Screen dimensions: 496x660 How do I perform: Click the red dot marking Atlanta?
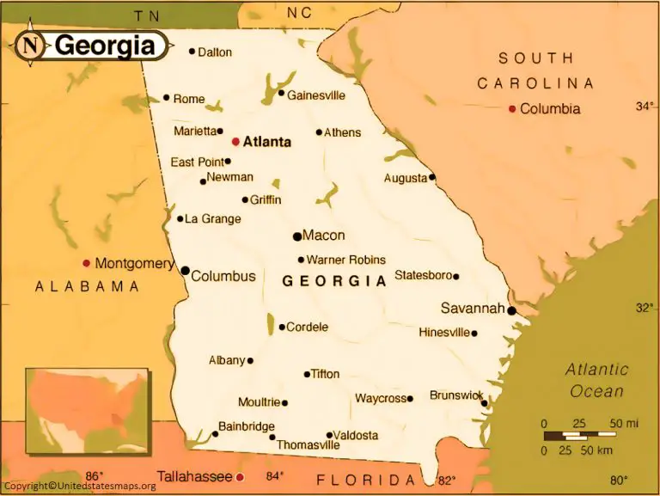click(235, 141)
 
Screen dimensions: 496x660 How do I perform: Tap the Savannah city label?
click(472, 308)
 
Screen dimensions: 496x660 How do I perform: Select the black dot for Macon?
click(297, 236)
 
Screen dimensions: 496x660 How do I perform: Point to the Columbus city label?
click(223, 276)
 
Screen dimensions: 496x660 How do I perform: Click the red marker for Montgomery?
click(86, 263)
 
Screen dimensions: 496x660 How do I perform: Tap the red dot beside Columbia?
click(512, 109)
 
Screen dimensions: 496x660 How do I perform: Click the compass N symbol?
click(31, 46)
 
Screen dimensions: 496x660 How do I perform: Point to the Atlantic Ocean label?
click(596, 380)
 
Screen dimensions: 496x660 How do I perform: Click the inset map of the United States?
click(86, 410)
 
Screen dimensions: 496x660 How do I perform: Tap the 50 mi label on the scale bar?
click(624, 424)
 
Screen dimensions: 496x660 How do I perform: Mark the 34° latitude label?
click(645, 107)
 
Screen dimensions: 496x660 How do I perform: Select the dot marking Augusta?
click(432, 177)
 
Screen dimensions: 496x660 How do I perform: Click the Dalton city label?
click(215, 52)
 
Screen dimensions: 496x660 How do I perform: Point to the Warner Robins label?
click(345, 260)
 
